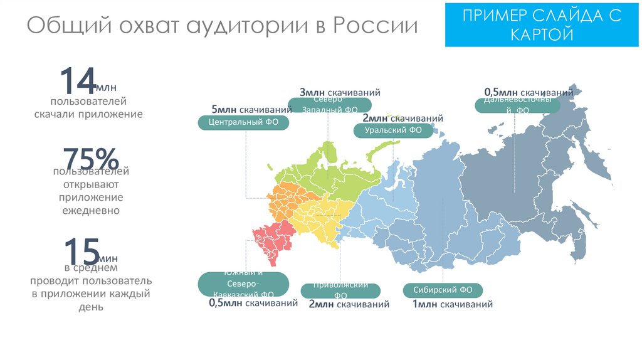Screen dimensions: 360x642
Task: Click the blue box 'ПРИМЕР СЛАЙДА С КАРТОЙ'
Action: [x=542, y=24]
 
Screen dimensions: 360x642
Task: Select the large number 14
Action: [x=76, y=82]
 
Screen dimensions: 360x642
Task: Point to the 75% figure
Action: [x=90, y=159]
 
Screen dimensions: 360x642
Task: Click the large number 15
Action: [x=82, y=251]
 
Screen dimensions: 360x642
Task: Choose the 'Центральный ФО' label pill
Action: [x=243, y=123]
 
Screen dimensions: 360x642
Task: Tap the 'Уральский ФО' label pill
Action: [x=392, y=130]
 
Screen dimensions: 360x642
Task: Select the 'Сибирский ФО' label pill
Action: [x=443, y=290]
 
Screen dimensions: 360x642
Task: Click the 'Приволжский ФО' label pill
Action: [x=340, y=290]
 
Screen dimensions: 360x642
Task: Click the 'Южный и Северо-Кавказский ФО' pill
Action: [x=243, y=284]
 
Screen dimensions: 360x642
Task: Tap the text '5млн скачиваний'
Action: [x=251, y=108]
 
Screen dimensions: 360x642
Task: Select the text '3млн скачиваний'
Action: [x=340, y=93]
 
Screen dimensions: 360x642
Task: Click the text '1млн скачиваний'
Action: [x=452, y=305]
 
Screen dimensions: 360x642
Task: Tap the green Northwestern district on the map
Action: [x=339, y=172]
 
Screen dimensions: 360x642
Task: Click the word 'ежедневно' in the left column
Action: [x=90, y=210]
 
